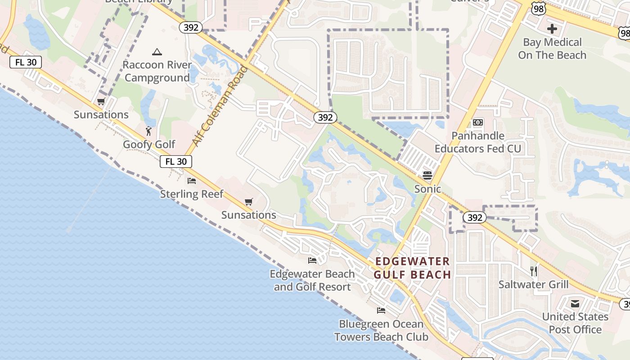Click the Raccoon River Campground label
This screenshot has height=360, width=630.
[x=157, y=71]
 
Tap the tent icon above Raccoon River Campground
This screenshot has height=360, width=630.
[x=157, y=52]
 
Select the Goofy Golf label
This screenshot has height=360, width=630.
[x=149, y=144]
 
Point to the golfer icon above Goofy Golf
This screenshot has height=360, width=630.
[x=148, y=131]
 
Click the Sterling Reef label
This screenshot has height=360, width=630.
[x=192, y=194]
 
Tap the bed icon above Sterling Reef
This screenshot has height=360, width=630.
[x=192, y=181]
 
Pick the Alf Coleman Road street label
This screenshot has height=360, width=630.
[x=220, y=106]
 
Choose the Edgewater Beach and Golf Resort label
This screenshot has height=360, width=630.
[x=312, y=280]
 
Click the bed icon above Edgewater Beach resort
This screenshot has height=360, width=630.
[x=312, y=261]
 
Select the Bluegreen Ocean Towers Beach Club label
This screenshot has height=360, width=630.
[x=381, y=330]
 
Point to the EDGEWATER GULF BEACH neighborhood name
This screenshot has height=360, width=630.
[x=412, y=268]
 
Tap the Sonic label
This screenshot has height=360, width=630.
[x=427, y=189]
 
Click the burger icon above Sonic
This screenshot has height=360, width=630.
[x=427, y=175]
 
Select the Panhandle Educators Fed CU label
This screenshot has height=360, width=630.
[x=478, y=142]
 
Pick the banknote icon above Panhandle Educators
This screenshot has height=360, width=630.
[x=478, y=122]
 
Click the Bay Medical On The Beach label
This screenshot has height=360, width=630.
[x=552, y=49]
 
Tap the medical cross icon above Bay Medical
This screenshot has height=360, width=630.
[x=552, y=29]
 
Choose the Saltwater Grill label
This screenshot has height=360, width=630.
[x=533, y=284]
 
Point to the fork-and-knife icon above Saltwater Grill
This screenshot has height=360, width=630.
[x=533, y=271]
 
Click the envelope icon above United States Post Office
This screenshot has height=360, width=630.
[x=575, y=304]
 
